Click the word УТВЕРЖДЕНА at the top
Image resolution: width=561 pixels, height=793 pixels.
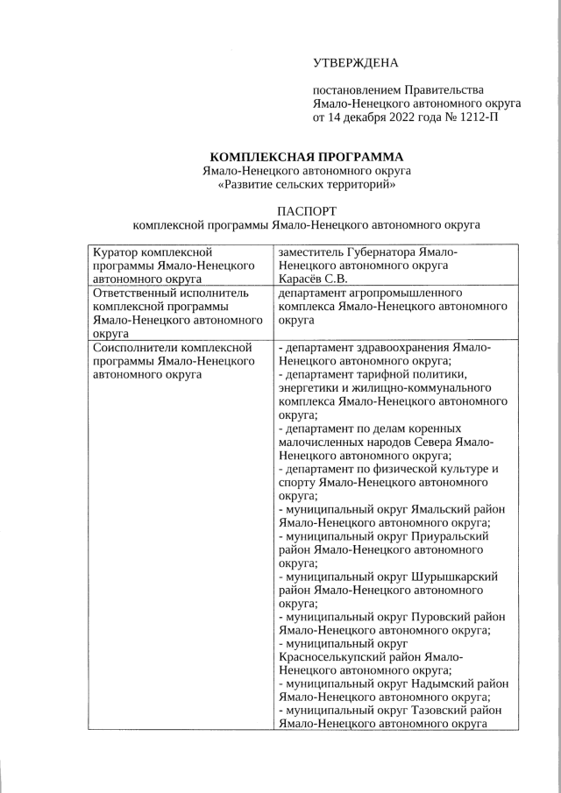pos(355,62)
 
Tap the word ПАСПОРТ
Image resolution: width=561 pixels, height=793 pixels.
pos(306,211)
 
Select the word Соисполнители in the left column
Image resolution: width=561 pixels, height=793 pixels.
pos(138,348)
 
